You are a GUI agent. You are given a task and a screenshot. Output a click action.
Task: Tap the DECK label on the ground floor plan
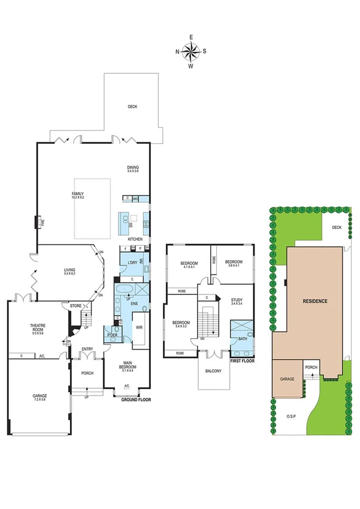click(132, 107)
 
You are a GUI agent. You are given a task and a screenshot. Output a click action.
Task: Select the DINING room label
click(132, 169)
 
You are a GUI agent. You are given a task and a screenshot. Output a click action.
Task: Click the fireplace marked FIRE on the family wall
click(41, 222)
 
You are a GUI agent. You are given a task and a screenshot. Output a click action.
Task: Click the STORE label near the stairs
click(75, 306)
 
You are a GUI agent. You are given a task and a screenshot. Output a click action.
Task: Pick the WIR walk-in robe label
click(138, 327)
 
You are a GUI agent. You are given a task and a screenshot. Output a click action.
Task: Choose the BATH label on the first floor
click(242, 339)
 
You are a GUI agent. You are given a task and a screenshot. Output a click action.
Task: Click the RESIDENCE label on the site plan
click(314, 300)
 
